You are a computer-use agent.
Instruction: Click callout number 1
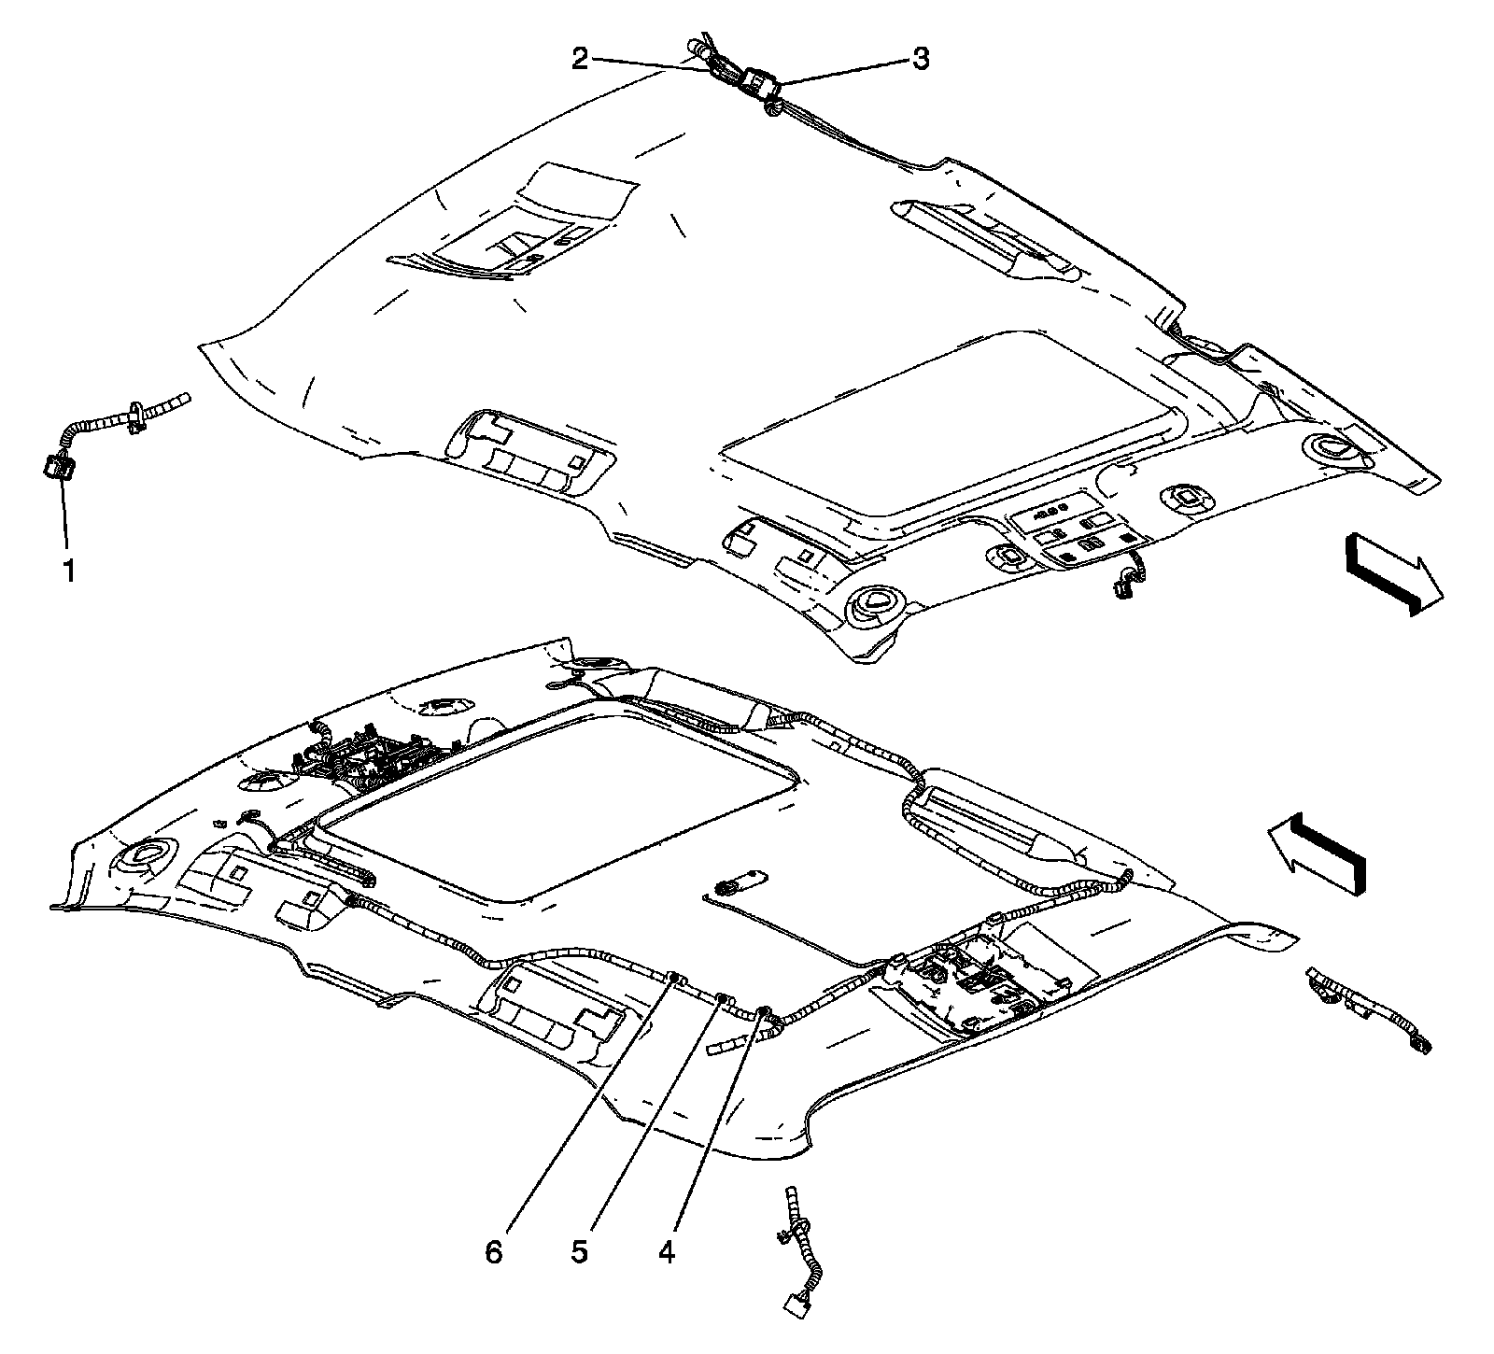[x=68, y=570]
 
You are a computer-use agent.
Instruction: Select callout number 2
[x=580, y=60]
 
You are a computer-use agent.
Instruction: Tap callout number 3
[x=921, y=60]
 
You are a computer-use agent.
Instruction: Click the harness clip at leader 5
[x=722, y=1000]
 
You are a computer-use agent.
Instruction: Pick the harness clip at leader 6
[x=674, y=978]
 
